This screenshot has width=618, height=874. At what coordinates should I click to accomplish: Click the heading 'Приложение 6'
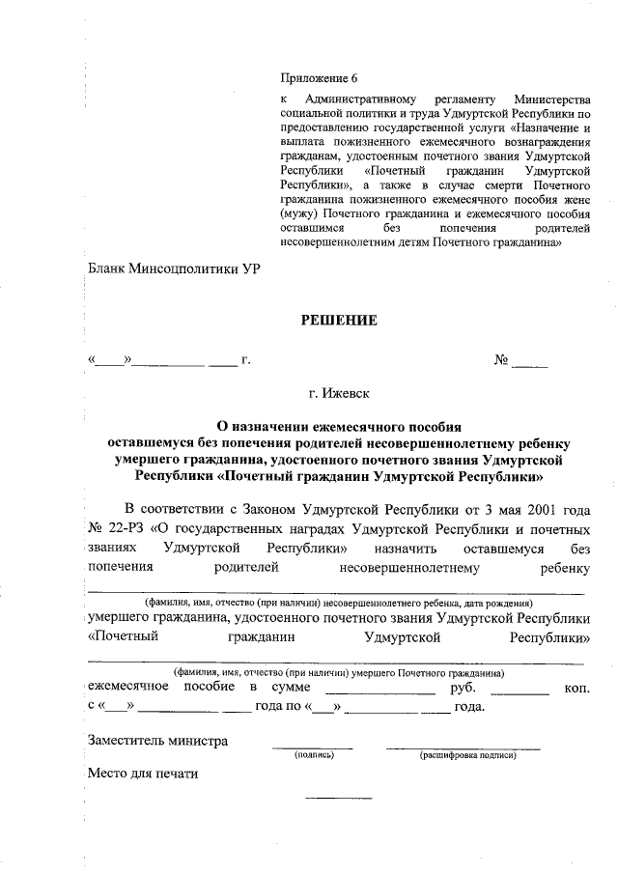318,78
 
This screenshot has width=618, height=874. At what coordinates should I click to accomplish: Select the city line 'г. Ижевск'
337,393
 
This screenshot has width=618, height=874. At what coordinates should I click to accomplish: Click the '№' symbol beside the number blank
501,360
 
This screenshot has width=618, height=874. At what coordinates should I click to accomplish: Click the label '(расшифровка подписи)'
467,755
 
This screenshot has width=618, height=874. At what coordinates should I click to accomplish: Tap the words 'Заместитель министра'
157,741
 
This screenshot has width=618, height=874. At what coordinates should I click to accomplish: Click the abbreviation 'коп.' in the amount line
576,688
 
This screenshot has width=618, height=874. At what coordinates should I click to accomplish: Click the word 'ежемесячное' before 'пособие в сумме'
128,687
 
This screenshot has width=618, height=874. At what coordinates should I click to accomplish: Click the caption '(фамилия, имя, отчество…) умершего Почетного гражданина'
337,671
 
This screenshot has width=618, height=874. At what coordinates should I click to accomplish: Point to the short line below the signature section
338,798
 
